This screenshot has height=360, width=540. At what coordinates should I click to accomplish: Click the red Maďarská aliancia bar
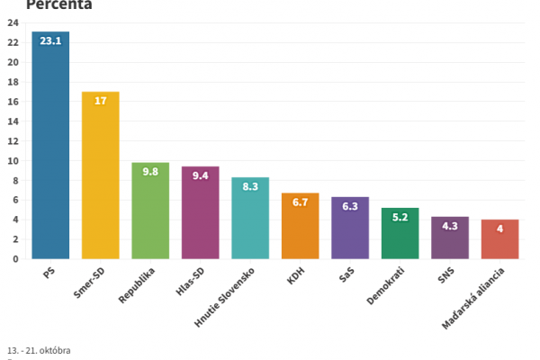pyautogui.click(x=499, y=239)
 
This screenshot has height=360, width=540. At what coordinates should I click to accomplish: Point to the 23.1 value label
pyautogui.click(x=50, y=40)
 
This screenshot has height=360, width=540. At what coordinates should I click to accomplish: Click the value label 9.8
pyautogui.click(x=150, y=171)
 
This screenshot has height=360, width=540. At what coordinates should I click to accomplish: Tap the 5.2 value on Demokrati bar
pyautogui.click(x=400, y=217)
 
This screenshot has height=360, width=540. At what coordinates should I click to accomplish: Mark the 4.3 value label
pyautogui.click(x=449, y=225)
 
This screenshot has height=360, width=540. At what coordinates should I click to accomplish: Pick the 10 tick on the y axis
pyautogui.click(x=13, y=161)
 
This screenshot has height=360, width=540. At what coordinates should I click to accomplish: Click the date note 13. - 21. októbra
pyautogui.click(x=39, y=349)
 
